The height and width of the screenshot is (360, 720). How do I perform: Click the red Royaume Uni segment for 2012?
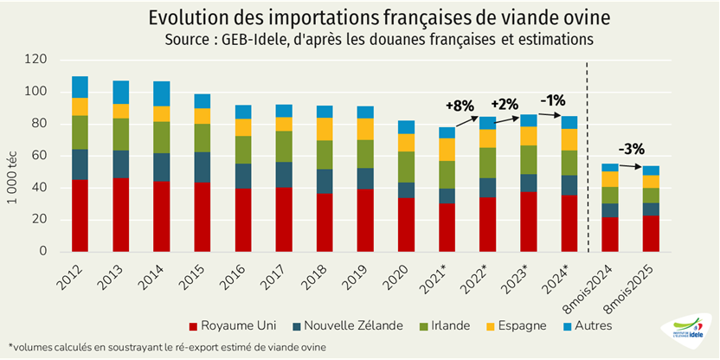(x=80, y=215)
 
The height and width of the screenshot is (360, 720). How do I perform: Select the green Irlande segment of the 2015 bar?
(x=202, y=138)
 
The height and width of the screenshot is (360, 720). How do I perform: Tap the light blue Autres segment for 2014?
(x=161, y=93)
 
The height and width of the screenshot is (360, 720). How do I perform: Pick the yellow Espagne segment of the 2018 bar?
(x=325, y=128)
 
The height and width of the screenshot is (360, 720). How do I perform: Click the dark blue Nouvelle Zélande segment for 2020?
(x=406, y=190)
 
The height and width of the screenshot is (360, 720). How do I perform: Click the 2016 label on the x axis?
(x=238, y=276)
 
